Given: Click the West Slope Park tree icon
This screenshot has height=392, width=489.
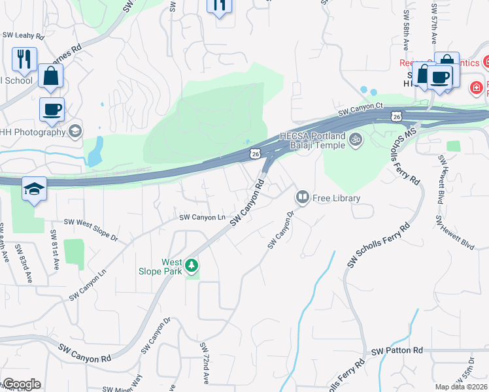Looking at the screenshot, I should (192, 265).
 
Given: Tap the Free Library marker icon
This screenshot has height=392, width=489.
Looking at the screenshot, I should (303, 196).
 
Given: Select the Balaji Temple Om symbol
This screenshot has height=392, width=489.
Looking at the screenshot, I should (356, 139).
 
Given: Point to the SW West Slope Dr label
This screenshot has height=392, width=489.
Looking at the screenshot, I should (91, 230).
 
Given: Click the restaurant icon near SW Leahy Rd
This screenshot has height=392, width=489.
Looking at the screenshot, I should (24, 58).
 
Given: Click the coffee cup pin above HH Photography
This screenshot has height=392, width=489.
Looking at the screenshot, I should (52, 108).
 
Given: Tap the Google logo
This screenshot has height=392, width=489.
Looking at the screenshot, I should (21, 384).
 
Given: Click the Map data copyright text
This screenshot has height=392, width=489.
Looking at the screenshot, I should (462, 387).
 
